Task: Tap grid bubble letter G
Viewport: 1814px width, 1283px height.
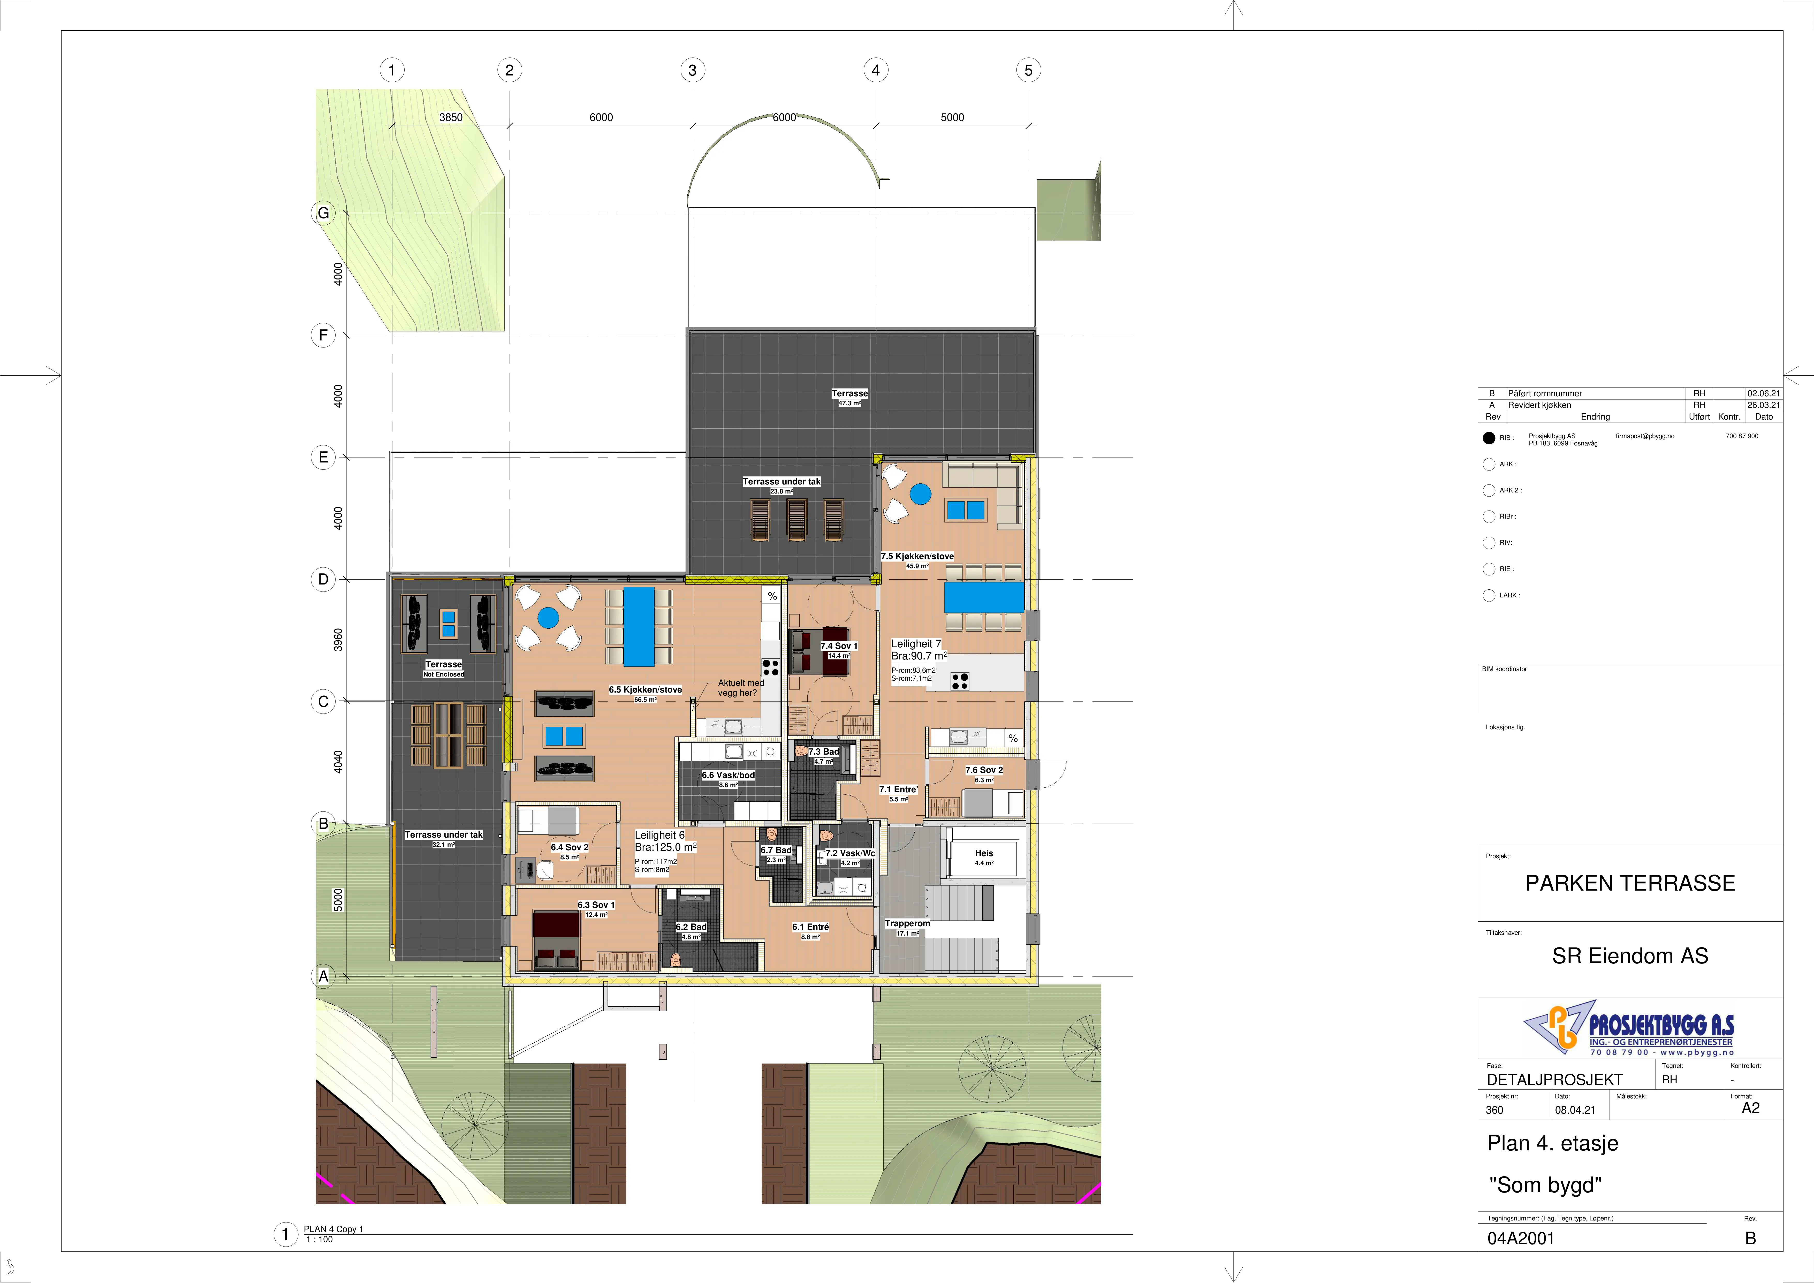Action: click(x=323, y=213)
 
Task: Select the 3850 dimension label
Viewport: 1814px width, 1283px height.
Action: click(x=451, y=117)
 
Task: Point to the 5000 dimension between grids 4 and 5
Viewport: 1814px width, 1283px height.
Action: click(x=952, y=117)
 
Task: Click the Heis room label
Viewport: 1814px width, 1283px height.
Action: click(x=984, y=853)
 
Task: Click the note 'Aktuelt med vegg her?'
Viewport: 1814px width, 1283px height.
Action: click(x=740, y=688)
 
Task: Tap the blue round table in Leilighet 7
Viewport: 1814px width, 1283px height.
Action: click(x=920, y=495)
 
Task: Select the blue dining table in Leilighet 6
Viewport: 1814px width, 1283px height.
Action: click(x=639, y=626)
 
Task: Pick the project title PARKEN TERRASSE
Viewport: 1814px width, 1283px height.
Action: click(x=1630, y=883)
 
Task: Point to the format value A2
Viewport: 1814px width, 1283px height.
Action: click(x=1751, y=1109)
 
